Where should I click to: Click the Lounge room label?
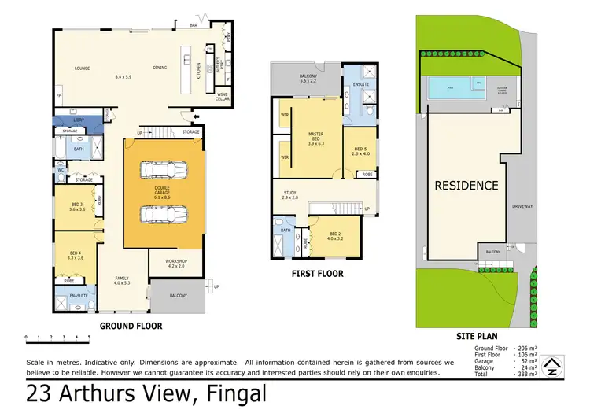tap(83, 68)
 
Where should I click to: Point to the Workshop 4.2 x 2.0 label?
tap(175, 264)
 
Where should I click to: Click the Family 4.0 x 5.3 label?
tap(122, 280)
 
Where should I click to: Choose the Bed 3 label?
tap(76, 206)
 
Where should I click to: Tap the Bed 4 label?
tap(76, 255)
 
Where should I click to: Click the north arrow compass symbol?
tap(553, 363)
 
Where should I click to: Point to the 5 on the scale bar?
tap(89, 337)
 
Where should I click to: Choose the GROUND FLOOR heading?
tap(131, 325)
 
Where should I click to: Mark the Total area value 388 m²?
tap(526, 374)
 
